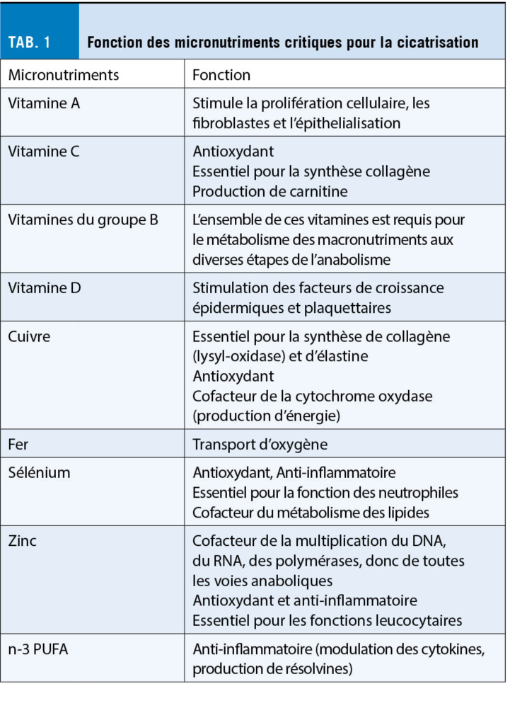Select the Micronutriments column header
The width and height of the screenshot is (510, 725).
[64, 75]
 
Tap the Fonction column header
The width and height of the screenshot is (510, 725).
[221, 75]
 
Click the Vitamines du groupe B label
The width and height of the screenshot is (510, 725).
[83, 219]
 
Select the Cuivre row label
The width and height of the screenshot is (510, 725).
[29, 336]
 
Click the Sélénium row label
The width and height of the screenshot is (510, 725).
[39, 472]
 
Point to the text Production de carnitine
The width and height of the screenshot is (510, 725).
[270, 191]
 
